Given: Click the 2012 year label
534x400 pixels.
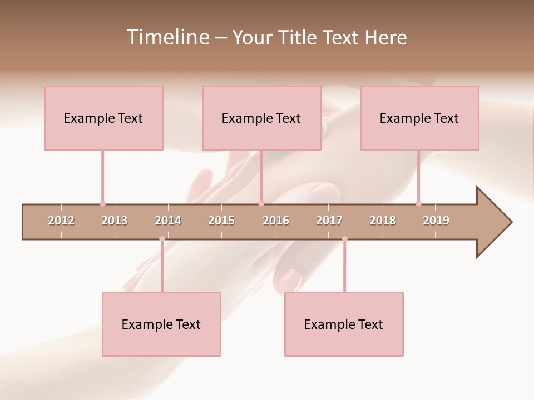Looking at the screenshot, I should [x=61, y=221].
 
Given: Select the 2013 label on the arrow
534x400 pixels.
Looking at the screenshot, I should [x=115, y=221].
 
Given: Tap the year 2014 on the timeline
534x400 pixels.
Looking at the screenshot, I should [x=168, y=221].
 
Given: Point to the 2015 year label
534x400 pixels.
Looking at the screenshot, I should [x=221, y=221].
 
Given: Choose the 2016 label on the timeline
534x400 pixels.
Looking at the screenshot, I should [x=276, y=221].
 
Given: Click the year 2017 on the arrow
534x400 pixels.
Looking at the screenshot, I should [x=329, y=221].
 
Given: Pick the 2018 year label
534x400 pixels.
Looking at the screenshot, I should [x=383, y=221].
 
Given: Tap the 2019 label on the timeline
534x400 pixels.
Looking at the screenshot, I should [x=436, y=221].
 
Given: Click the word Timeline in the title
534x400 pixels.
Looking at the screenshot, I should [x=166, y=37].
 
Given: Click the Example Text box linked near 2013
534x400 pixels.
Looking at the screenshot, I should [x=103, y=118].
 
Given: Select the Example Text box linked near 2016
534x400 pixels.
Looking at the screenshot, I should [x=261, y=118].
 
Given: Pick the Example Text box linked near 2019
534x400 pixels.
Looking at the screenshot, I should [x=419, y=118].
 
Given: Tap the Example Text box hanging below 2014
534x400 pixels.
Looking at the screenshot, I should [x=161, y=324].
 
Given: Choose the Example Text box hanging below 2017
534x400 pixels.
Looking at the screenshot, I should [x=344, y=324].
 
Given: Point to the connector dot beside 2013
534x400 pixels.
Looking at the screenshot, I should [x=102, y=203].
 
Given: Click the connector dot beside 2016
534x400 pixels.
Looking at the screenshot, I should [x=261, y=203].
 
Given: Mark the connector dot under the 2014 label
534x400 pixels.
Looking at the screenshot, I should [x=162, y=239].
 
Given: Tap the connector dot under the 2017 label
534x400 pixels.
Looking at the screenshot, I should [x=344, y=239].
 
